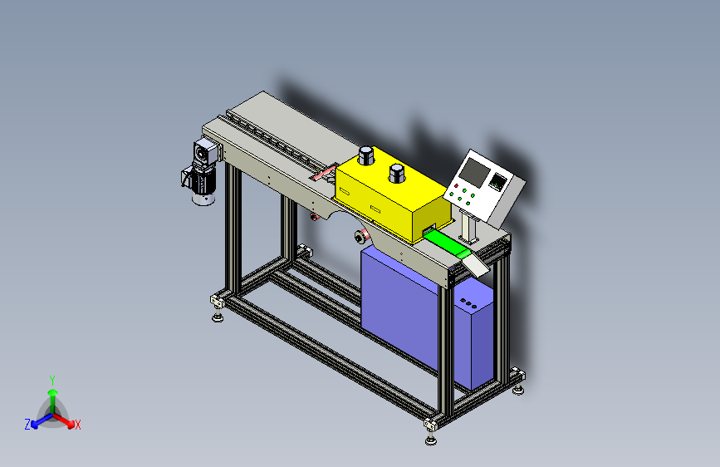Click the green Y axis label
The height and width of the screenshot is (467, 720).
point(51,379)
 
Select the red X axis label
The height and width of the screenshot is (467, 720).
point(78,425)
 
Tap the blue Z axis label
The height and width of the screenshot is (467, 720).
point(27,425)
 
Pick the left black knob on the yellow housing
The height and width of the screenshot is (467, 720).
point(365,156)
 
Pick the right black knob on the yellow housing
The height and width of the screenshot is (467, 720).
point(398,175)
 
